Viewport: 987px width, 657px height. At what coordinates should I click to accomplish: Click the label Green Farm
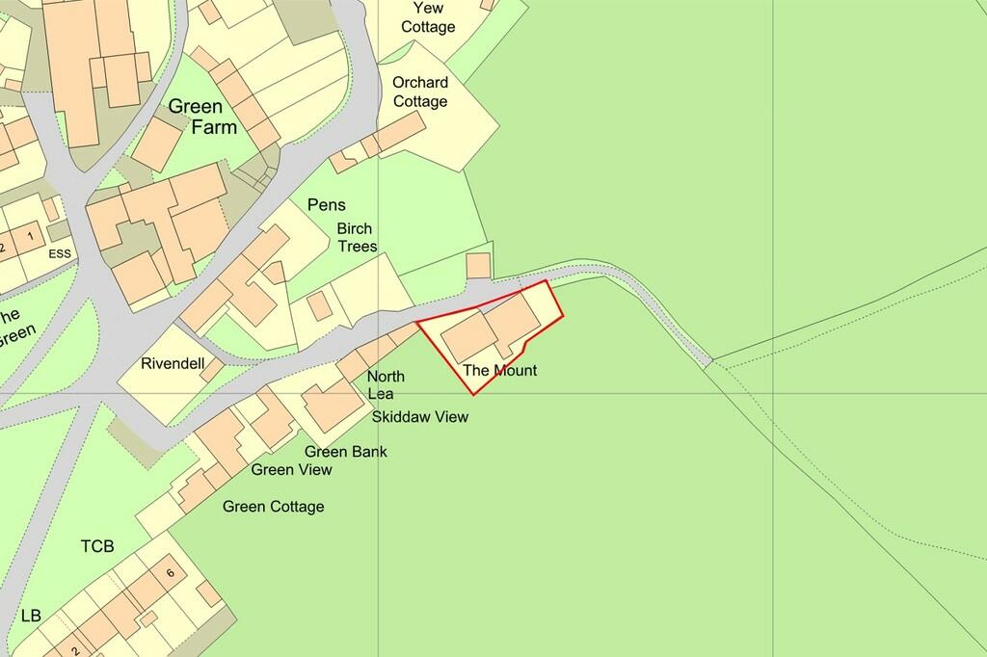(x=202, y=117)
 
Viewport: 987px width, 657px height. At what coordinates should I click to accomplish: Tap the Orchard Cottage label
(x=419, y=92)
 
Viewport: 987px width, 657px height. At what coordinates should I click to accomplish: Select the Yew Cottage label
(x=427, y=17)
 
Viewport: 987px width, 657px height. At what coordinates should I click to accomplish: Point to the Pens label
(x=326, y=205)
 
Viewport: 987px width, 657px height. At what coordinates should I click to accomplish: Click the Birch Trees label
(x=357, y=238)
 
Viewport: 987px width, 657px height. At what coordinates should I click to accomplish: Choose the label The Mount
(x=500, y=370)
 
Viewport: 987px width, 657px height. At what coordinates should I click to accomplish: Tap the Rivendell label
(x=173, y=364)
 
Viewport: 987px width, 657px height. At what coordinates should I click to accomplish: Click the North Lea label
(x=386, y=384)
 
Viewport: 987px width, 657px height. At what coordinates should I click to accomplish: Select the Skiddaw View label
(x=420, y=417)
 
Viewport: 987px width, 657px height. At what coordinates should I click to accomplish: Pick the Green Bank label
(x=346, y=451)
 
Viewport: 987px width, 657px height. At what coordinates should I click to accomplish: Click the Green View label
(x=292, y=469)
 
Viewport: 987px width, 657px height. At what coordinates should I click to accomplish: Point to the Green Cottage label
(x=274, y=507)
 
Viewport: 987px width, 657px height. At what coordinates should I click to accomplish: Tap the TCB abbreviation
(x=96, y=546)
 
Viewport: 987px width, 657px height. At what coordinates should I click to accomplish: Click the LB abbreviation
(x=31, y=615)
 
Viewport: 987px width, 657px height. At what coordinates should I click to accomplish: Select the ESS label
(x=60, y=255)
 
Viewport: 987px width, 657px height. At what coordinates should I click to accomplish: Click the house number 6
(x=170, y=573)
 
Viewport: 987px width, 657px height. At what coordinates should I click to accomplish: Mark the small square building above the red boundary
(x=478, y=266)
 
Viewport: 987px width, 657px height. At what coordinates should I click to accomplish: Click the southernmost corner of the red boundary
(x=473, y=394)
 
